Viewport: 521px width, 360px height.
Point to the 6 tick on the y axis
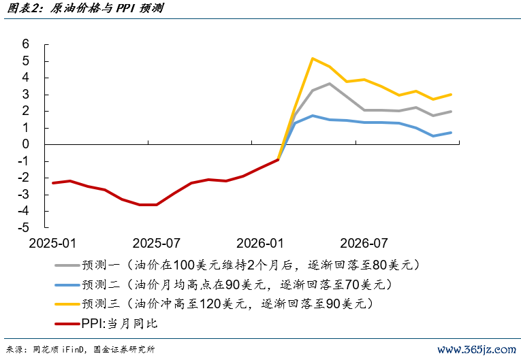click(x=26, y=44)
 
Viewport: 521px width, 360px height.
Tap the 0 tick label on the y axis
click(x=26, y=144)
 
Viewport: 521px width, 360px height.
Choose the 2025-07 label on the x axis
click(x=156, y=243)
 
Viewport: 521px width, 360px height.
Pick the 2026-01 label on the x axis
click(x=259, y=243)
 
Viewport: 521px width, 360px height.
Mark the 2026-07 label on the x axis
click(x=364, y=243)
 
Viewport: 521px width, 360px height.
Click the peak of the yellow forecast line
click(x=312, y=59)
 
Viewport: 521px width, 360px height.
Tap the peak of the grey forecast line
click(x=330, y=84)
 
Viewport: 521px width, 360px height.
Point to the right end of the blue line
click(x=451, y=133)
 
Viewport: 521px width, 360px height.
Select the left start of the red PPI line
click(x=53, y=182)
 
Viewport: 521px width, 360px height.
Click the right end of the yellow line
click(x=451, y=95)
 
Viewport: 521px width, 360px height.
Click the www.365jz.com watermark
click(x=476, y=349)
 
